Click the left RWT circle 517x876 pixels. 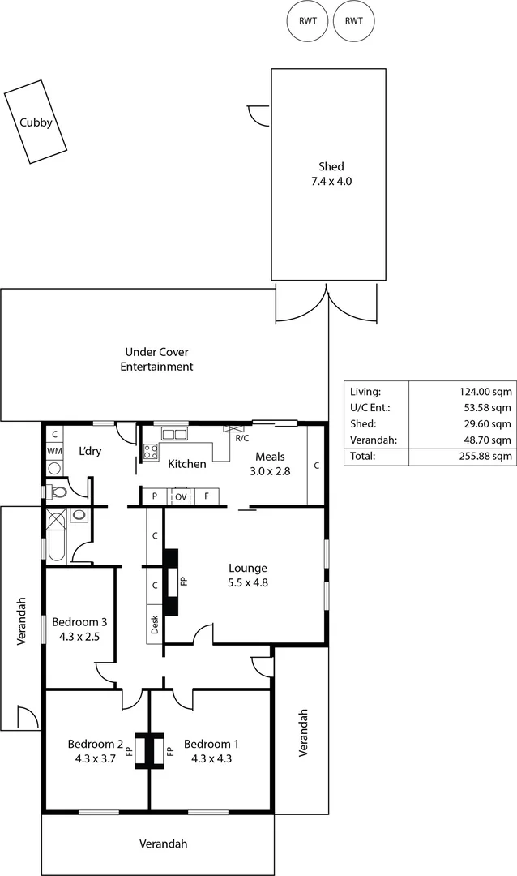[307, 22]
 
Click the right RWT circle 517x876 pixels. [354, 22]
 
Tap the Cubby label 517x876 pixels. [36, 122]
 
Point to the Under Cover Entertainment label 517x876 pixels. [156, 359]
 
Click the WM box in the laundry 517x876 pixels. [54, 450]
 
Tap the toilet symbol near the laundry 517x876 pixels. [58, 492]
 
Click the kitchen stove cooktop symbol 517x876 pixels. [151, 453]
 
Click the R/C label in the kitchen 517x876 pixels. [241, 439]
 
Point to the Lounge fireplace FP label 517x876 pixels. [183, 582]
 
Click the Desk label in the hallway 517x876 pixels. [155, 625]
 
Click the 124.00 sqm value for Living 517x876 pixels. [485, 390]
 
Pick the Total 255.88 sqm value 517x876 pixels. [485, 457]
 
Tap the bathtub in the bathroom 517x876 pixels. [55, 539]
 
